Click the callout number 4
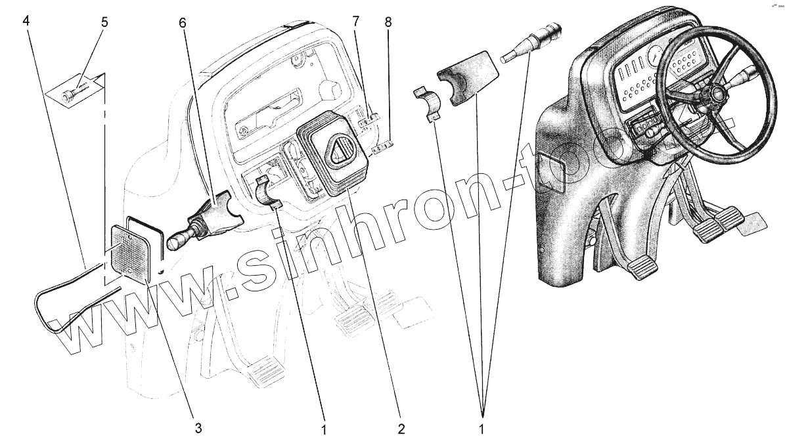pos(26,20)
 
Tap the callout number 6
pos(182,22)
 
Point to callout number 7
pos(355,20)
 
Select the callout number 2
pos(400,429)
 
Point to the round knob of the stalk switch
pos(175,242)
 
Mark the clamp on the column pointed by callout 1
pos(269,192)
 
